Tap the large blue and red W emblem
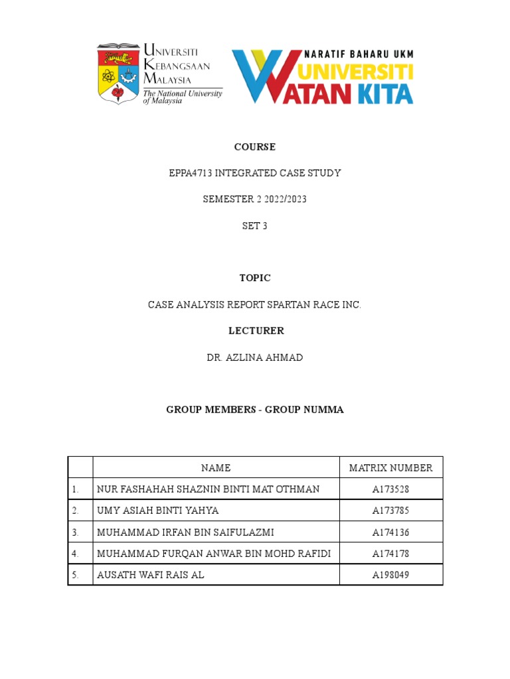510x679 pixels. pos(262,76)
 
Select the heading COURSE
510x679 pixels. pos(254,147)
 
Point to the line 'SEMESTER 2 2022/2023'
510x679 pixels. pos(254,200)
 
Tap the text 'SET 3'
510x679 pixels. pos(254,226)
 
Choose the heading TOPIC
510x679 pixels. pos(254,278)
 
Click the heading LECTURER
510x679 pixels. pos(254,331)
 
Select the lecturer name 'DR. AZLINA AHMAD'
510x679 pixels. pos(254,357)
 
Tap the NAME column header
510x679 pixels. pos(216,468)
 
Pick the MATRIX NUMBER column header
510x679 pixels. pos(390,468)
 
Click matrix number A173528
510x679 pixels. pos(390,489)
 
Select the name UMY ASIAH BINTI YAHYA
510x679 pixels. pos(157,511)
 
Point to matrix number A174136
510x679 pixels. pos(390,532)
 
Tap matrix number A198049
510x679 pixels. pos(390,575)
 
